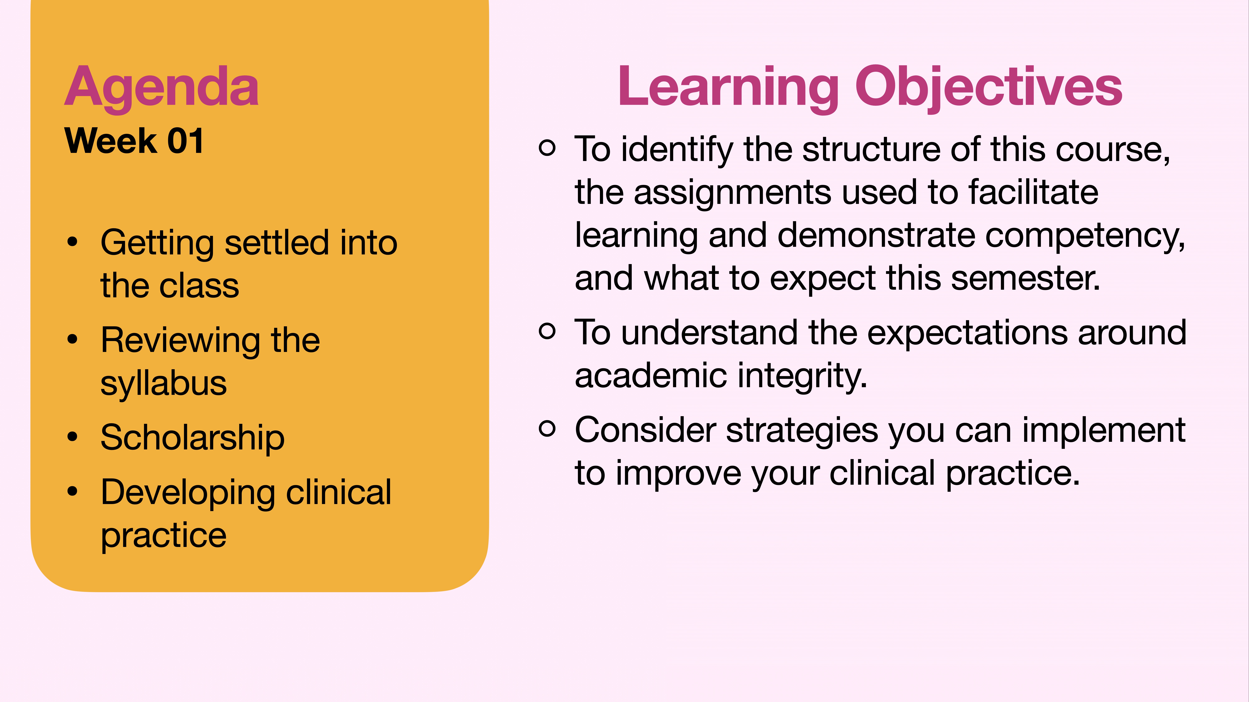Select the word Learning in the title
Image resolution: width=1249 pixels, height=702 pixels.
727,87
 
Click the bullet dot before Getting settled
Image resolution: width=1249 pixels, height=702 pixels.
73,242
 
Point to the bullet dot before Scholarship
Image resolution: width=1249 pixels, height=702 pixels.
73,437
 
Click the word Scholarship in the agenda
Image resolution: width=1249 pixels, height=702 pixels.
192,437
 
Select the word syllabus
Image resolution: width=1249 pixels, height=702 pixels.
163,384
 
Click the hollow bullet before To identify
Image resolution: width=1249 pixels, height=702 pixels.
547,148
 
